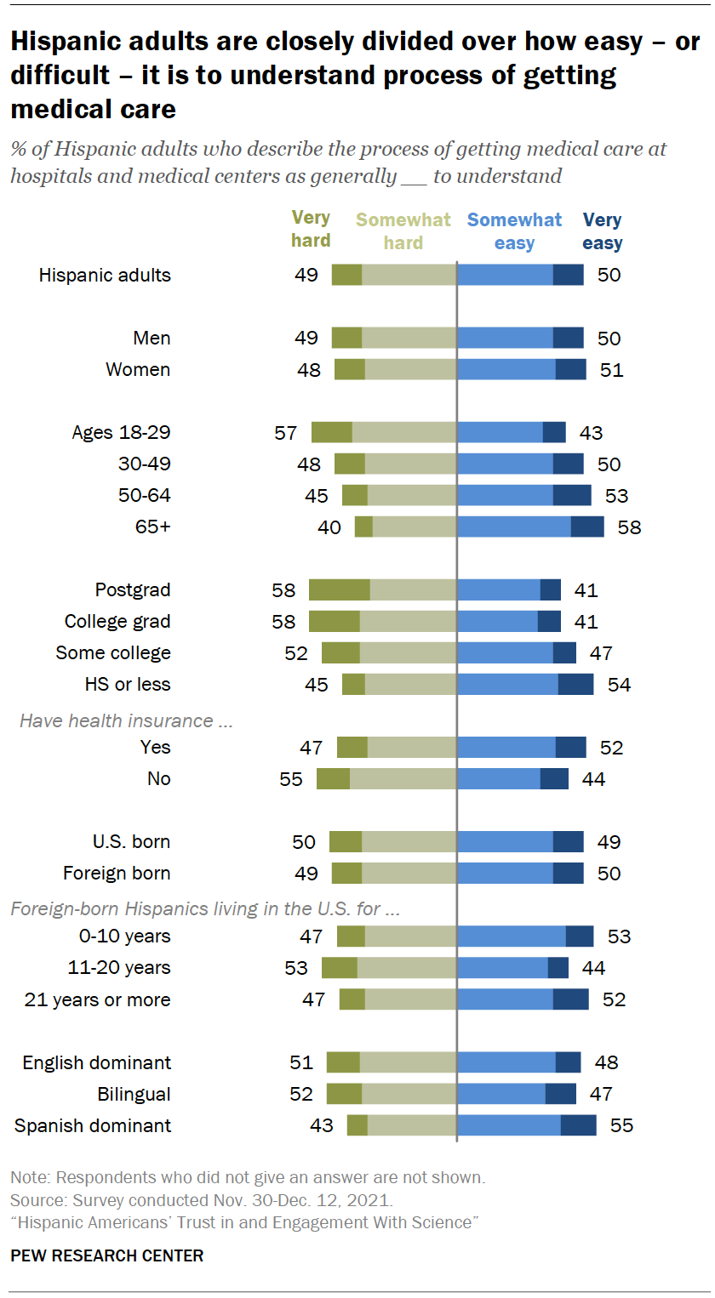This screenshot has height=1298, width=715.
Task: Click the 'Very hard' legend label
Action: point(311,230)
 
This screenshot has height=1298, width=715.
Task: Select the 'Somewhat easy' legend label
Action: point(514,231)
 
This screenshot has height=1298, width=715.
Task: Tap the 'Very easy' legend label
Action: point(603,231)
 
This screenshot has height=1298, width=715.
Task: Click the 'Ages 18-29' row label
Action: point(121,432)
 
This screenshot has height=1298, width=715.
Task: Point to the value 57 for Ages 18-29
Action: point(286,433)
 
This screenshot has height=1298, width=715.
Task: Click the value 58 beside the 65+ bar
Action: point(629,527)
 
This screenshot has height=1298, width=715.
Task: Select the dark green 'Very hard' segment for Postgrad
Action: point(339,590)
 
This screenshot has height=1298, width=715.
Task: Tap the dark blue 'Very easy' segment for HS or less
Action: point(575,685)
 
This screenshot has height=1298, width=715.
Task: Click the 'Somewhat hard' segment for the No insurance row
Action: point(403,779)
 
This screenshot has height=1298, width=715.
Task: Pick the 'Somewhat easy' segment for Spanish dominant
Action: point(509,1125)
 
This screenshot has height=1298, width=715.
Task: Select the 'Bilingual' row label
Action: point(134,1094)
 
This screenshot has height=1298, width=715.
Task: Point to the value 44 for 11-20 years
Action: point(593,968)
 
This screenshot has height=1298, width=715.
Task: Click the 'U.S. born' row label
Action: point(131,842)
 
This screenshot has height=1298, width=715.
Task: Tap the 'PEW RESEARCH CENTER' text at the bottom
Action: point(106,1255)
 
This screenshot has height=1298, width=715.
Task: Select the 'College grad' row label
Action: point(117,622)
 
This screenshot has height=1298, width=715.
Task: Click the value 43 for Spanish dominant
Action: point(322,1126)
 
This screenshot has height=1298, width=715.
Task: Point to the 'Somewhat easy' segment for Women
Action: point(506,370)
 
